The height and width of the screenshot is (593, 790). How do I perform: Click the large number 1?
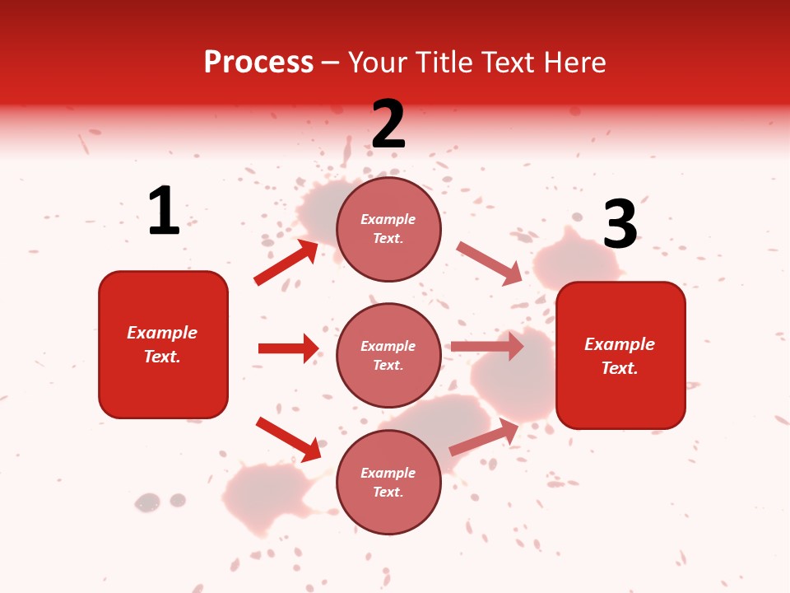point(164,211)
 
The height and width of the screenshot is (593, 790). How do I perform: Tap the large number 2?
point(388,124)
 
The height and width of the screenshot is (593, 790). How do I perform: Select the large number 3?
point(620,225)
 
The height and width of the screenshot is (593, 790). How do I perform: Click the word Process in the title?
point(258,62)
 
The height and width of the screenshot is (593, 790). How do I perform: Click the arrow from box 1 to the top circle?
point(286,263)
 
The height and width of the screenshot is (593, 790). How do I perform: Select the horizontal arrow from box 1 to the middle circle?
point(288,348)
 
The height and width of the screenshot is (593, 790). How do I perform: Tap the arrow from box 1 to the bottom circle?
point(288,439)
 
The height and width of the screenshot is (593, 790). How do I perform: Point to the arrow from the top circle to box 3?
point(489,263)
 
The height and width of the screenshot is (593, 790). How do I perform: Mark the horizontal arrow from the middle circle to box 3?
point(487,346)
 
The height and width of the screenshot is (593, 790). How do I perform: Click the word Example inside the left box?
point(162,333)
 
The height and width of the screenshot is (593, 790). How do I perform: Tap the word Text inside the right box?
point(619,368)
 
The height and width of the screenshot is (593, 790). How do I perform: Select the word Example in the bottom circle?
point(388,473)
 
